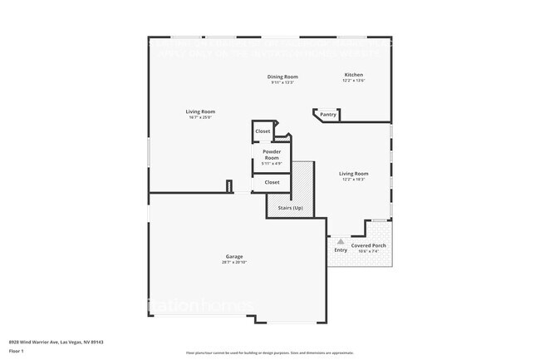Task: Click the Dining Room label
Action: click(x=282, y=76)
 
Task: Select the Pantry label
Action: click(x=328, y=115)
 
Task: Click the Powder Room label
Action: click(x=272, y=155)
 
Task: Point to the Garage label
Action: click(x=234, y=256)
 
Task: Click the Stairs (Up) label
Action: click(x=291, y=207)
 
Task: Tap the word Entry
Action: click(x=341, y=250)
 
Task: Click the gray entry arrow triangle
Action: click(x=341, y=241)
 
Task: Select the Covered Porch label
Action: click(x=368, y=246)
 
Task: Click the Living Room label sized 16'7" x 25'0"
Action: click(x=200, y=111)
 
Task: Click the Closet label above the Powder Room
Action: click(x=263, y=131)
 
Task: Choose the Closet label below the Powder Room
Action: click(x=272, y=182)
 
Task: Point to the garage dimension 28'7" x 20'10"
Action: click(x=234, y=262)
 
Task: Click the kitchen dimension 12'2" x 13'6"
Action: click(x=354, y=81)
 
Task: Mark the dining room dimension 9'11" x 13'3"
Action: click(x=282, y=82)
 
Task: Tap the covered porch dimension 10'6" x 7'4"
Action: click(x=368, y=252)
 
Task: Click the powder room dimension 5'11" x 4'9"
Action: click(x=272, y=164)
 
